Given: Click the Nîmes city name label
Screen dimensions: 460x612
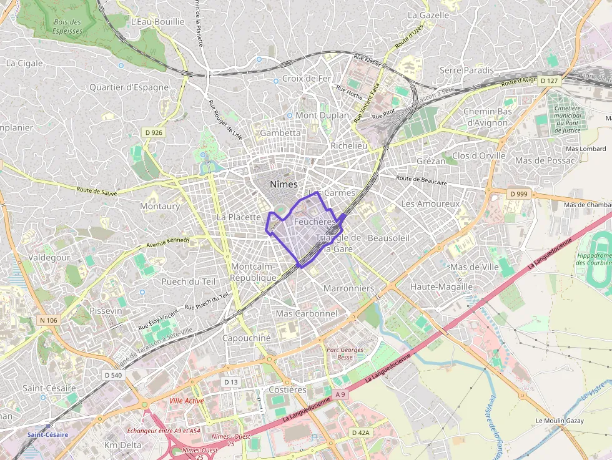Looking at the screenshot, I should click(284, 184).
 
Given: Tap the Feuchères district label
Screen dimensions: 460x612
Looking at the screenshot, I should click(313, 222).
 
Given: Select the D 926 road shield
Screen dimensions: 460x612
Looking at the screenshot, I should click(153, 132).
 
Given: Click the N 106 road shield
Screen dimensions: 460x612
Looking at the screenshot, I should click(48, 320).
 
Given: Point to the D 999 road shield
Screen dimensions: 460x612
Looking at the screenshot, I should click(518, 194).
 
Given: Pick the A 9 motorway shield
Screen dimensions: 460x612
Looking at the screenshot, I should click(340, 394).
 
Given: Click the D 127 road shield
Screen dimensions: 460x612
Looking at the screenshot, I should click(550, 81).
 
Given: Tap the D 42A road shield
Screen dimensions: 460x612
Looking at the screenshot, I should click(360, 433).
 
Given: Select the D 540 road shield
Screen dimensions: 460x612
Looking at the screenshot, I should click(113, 375).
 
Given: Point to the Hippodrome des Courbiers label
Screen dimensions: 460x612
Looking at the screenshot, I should click(594, 260).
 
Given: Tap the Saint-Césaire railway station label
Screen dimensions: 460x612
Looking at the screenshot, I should click(47, 434).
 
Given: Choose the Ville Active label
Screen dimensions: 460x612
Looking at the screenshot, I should click(187, 401).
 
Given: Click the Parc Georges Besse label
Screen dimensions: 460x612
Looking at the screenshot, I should click(345, 353).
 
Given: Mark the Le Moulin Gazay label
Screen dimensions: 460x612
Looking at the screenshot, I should click(560, 421).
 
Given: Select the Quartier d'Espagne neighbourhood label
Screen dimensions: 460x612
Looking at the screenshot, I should click(129, 87).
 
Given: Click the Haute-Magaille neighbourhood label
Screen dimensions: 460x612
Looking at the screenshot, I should click(442, 286).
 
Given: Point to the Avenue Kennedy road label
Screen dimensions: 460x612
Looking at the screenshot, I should click(168, 242).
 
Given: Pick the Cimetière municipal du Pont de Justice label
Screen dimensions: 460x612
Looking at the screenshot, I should click(567, 119).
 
